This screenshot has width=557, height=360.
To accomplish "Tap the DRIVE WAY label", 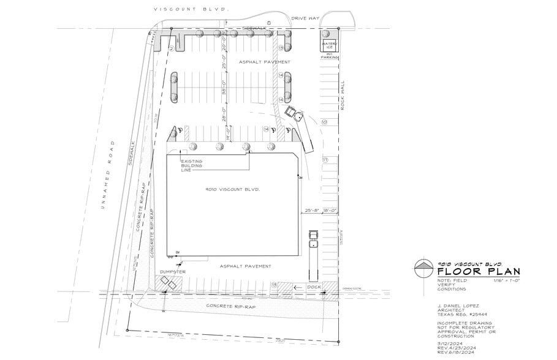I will pyautogui.click(x=306, y=18).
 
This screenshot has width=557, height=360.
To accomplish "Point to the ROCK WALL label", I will pyautogui.click(x=344, y=95).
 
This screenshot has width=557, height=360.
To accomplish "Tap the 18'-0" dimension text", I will pyautogui.click(x=330, y=211).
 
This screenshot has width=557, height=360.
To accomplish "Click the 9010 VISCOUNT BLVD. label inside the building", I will pyautogui.click(x=233, y=190).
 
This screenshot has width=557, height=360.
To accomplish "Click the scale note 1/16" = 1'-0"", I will pyautogui.click(x=506, y=280).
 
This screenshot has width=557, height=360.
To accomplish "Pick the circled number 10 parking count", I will pyautogui.click(x=325, y=122).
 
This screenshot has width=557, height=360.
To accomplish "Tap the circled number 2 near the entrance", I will pyautogui.click(x=172, y=48).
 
